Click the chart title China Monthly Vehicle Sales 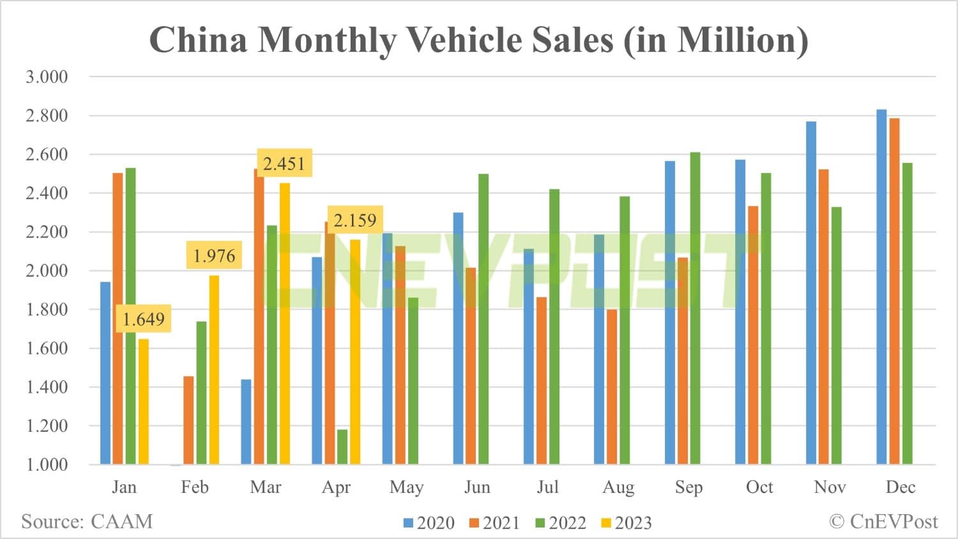point(478,40)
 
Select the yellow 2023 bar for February point(214,370)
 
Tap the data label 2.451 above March point(284,163)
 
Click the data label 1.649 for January point(143,319)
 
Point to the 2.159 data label point(355,220)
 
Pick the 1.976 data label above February point(214,256)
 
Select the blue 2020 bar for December point(881,287)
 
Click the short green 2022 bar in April point(342,447)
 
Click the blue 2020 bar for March point(246,421)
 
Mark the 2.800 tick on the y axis point(47,116)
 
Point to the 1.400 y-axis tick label point(47,387)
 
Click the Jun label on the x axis point(477,487)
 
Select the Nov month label point(830,487)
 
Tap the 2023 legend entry point(627,523)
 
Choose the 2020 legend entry point(429,523)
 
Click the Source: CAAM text point(87,522)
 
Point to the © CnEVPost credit point(883,522)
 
